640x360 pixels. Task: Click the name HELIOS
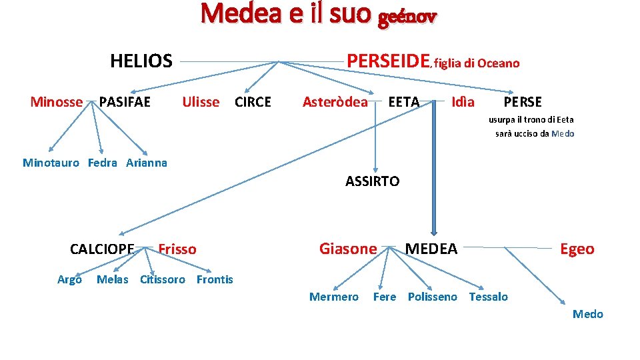(x=141, y=61)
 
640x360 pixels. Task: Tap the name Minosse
(x=57, y=102)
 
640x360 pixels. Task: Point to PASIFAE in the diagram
(x=125, y=102)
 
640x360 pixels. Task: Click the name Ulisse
(x=201, y=102)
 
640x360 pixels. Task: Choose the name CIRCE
(x=253, y=102)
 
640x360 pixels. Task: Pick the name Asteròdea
(x=335, y=102)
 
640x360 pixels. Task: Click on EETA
(x=404, y=102)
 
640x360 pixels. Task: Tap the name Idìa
(x=463, y=102)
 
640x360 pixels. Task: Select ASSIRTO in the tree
(x=373, y=181)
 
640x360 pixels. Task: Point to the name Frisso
(x=177, y=249)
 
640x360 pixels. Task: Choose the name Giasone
(x=348, y=249)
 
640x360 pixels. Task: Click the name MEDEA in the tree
(x=431, y=249)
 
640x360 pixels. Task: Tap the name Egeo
(x=577, y=249)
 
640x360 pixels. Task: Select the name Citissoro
(x=163, y=279)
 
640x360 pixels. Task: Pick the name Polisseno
(x=433, y=297)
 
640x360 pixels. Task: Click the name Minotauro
(x=51, y=163)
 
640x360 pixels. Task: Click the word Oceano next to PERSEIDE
(x=498, y=63)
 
